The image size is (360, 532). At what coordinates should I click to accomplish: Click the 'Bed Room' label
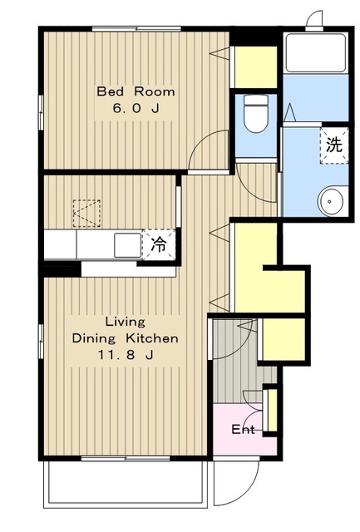(x=136, y=91)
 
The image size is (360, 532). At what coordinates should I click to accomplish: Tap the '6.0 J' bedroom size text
(x=136, y=109)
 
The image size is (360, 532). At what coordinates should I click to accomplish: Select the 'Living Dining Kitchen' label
(x=126, y=330)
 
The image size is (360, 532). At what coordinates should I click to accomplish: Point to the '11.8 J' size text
(x=126, y=355)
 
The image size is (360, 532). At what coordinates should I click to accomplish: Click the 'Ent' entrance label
(x=243, y=430)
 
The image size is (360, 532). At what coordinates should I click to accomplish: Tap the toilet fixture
(x=256, y=113)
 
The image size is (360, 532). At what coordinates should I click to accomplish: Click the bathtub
(x=316, y=52)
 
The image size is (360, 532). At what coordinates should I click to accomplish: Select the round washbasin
(x=330, y=200)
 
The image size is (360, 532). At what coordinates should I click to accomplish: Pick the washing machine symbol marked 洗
(x=334, y=146)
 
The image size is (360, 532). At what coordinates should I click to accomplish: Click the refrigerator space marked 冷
(x=159, y=244)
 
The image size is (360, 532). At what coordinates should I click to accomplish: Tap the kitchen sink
(x=127, y=245)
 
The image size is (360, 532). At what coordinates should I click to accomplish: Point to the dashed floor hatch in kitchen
(x=86, y=214)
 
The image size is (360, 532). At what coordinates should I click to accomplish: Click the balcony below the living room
(x=126, y=484)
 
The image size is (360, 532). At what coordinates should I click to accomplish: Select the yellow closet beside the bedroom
(x=256, y=67)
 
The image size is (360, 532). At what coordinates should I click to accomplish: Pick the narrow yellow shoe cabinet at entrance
(x=272, y=410)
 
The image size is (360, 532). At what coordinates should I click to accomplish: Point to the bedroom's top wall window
(x=136, y=29)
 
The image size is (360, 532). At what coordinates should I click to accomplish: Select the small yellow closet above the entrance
(x=284, y=339)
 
